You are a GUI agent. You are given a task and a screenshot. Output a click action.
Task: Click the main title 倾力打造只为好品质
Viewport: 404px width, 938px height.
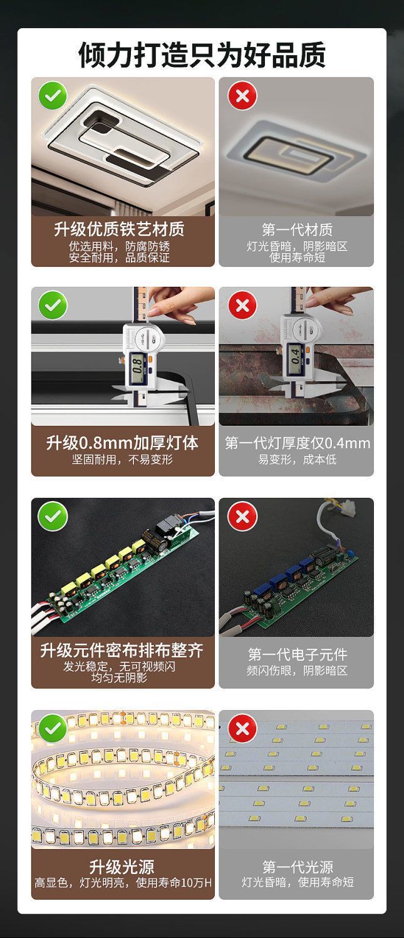[202, 54]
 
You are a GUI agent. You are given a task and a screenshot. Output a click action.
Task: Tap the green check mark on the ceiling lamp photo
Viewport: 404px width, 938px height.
[53, 96]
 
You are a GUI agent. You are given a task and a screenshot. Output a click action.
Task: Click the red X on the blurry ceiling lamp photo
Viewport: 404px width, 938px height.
[242, 96]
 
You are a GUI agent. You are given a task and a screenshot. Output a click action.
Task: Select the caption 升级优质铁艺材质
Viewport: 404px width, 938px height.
[119, 229]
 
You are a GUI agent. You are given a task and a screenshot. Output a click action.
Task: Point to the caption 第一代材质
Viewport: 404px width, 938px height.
[297, 229]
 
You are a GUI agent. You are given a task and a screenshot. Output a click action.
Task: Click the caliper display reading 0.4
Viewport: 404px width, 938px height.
[294, 357]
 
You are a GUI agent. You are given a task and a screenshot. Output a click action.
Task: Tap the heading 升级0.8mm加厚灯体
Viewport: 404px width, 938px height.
[122, 443]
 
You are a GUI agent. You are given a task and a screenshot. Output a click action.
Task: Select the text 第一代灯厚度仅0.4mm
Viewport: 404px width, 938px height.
[297, 443]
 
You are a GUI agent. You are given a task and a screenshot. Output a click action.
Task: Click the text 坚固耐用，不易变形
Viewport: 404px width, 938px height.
[122, 460]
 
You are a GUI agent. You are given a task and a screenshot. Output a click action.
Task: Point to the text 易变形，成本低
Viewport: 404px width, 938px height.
[297, 460]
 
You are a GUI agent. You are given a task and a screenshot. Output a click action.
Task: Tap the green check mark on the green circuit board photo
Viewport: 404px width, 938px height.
[53, 516]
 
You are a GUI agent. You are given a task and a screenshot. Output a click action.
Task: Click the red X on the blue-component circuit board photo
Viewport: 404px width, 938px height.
[242, 516]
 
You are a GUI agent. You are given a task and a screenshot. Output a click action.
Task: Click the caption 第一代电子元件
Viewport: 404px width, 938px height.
[297, 654]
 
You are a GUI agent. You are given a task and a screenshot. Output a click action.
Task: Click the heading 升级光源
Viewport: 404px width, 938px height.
[122, 867]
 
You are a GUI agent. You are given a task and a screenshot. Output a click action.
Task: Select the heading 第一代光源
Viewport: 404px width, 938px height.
[297, 867]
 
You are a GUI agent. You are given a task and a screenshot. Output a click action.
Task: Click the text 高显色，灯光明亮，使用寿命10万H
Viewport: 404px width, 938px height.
[123, 883]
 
